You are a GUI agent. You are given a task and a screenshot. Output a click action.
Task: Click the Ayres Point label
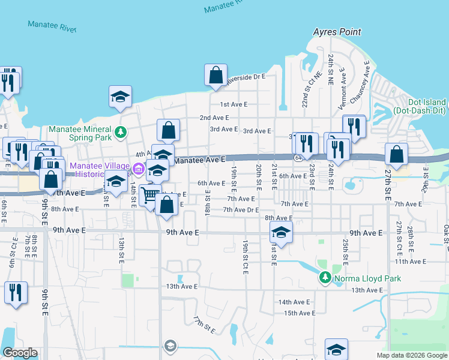337,32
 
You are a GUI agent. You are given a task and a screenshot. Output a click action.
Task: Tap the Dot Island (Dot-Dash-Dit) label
426,107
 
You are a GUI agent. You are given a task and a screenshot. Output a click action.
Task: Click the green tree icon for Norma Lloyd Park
325,277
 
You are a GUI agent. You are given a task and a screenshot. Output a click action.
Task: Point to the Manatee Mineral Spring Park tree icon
121,131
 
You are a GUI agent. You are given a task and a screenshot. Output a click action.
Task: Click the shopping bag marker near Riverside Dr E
215,76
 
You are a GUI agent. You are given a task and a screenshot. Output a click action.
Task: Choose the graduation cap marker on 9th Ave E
280,232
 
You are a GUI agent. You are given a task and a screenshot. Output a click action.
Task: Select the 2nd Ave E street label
215,118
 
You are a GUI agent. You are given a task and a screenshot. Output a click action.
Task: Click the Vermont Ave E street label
343,89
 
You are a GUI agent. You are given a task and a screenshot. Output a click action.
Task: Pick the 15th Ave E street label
300,313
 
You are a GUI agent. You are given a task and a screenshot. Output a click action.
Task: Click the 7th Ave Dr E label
241,210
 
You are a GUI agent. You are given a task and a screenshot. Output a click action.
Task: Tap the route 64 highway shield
298,157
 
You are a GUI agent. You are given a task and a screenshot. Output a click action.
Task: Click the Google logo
20,353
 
